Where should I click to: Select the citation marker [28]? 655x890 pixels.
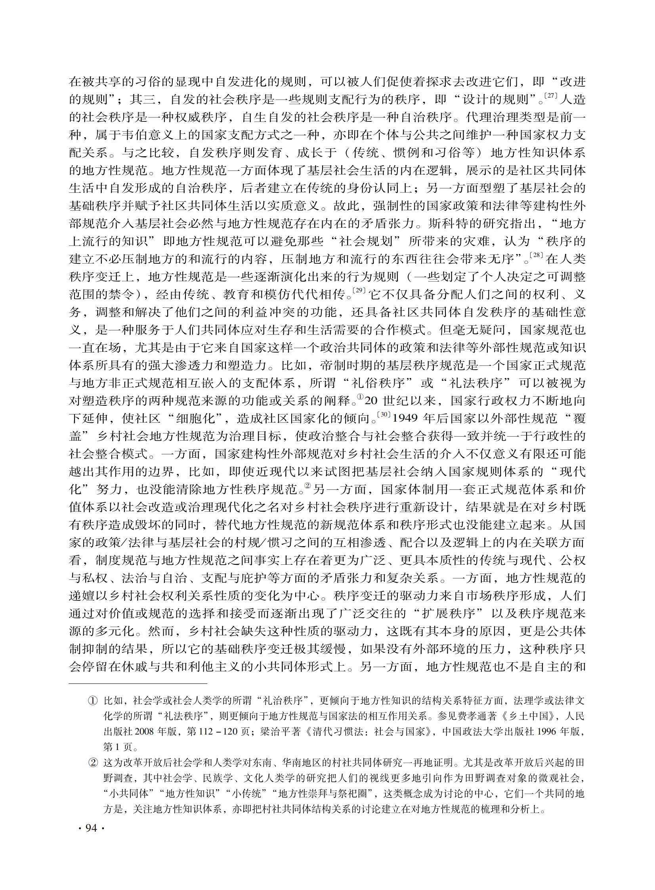click(x=536, y=255)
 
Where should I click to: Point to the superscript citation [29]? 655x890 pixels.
click(x=359, y=290)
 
